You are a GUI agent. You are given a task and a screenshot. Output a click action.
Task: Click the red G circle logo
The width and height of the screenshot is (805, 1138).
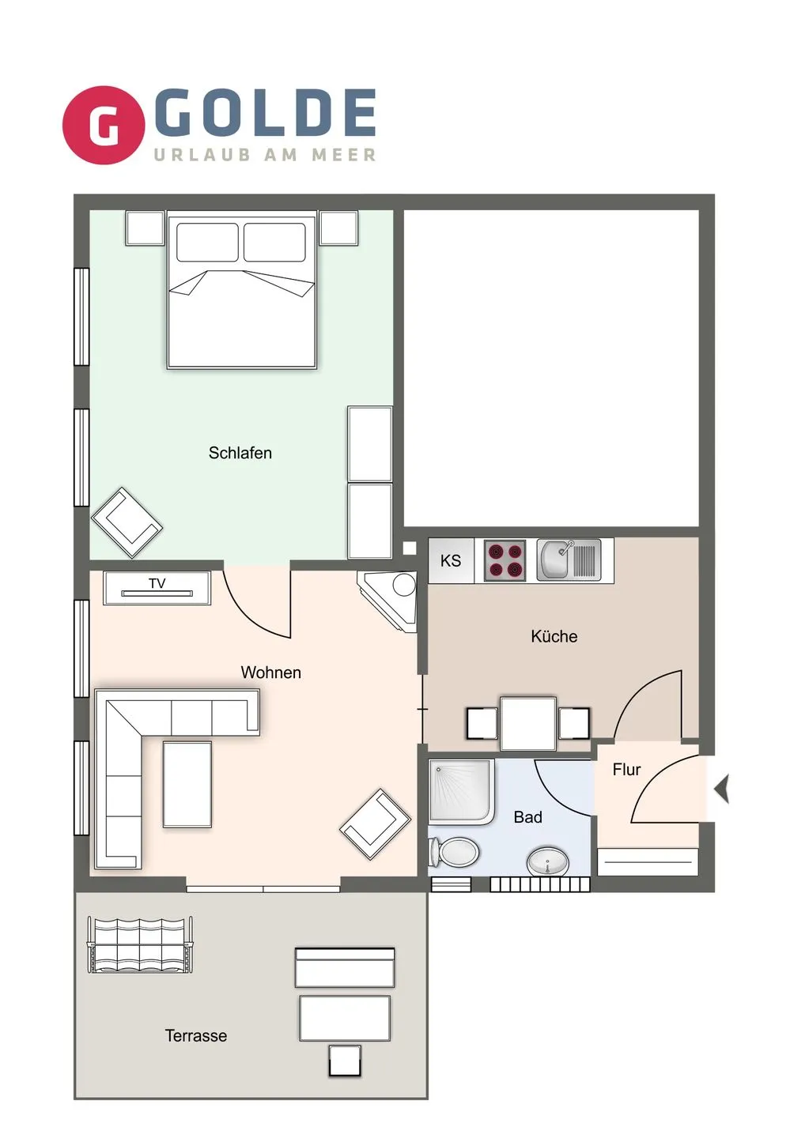pos(104,125)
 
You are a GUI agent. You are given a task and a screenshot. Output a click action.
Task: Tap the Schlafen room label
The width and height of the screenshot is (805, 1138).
pos(240,453)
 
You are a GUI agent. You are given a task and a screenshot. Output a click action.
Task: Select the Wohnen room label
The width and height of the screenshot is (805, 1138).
pos(270,673)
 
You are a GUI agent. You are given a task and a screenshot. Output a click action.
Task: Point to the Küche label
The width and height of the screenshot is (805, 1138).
pos(554,636)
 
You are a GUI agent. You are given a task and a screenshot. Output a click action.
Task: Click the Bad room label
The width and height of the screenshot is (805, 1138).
pos(527,817)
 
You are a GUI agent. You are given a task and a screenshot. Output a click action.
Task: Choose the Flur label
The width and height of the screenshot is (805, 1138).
pos(626,770)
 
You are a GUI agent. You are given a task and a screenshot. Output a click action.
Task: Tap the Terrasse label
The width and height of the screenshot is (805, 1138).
pos(195,1035)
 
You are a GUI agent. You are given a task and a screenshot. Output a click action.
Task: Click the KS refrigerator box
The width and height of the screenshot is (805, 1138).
pos(451,561)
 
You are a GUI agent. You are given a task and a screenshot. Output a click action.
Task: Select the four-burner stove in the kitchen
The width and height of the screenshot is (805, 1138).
pos(505,560)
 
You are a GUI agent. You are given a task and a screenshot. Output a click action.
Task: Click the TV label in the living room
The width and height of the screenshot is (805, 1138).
pos(157,584)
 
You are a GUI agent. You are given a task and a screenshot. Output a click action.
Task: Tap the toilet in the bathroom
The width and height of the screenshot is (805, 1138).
pos(455,853)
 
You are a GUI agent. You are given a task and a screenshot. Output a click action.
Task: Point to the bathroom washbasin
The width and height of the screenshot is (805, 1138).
pos(547,861)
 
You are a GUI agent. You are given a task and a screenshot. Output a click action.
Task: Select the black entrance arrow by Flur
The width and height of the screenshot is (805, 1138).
pos(721,789)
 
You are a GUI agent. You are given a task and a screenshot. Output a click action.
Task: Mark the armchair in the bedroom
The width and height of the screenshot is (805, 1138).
pos(127,522)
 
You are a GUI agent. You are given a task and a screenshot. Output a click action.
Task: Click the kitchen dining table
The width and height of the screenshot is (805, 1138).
pos(527,723)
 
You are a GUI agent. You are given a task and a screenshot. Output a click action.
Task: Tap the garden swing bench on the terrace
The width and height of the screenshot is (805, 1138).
pos(140,944)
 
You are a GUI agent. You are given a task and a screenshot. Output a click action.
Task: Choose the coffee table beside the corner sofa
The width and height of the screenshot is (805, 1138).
pos(187,784)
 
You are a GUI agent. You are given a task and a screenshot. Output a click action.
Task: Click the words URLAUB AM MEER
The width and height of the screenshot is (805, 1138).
pos(265,155)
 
